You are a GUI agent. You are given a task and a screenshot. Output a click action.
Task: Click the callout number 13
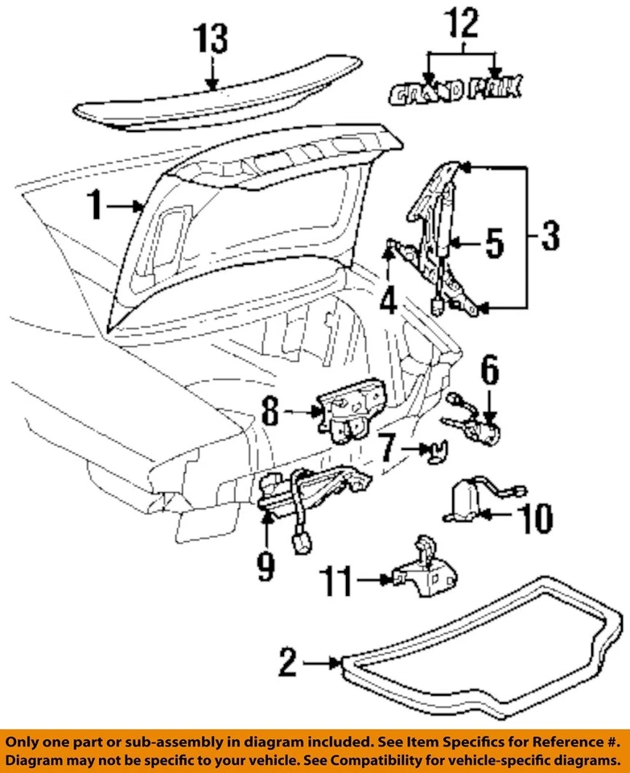[211, 39]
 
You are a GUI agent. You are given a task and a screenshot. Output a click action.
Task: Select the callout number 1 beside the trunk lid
[96, 207]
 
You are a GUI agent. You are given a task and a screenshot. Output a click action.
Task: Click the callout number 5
[492, 242]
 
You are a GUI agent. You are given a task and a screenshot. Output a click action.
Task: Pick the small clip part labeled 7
[433, 453]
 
